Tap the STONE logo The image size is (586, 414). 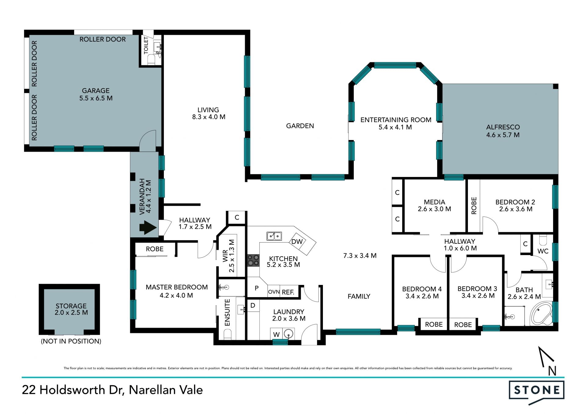(537, 392)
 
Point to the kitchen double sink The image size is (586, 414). (274, 236)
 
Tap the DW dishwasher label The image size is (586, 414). (297, 242)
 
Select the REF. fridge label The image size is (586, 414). (288, 292)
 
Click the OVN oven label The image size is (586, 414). (274, 292)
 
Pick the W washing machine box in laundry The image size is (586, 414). (276, 334)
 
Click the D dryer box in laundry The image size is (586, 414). (253, 305)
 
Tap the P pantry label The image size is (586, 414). (257, 288)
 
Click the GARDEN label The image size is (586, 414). (300, 126)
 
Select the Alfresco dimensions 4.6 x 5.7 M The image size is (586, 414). (503, 135)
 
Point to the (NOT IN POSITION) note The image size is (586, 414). (71, 341)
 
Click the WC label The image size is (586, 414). (543, 251)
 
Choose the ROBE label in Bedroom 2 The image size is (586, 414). (474, 206)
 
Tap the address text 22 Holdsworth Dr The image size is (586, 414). (73, 390)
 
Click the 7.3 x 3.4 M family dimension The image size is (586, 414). (360, 256)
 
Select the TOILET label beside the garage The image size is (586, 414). (146, 45)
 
